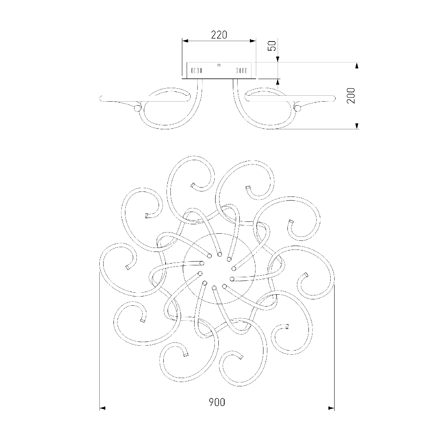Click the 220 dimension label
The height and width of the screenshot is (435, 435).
219,35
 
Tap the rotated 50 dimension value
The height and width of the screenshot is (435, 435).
272,46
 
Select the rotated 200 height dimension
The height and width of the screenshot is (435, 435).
351,95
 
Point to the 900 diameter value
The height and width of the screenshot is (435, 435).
217,402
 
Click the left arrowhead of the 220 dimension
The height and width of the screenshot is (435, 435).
185,41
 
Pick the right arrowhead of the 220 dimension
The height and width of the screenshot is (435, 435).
252,41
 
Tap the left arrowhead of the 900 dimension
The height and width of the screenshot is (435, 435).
103,408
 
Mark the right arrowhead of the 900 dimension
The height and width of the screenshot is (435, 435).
331,408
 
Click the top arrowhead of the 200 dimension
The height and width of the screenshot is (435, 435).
357,66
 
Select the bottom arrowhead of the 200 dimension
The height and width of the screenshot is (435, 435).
357,126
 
